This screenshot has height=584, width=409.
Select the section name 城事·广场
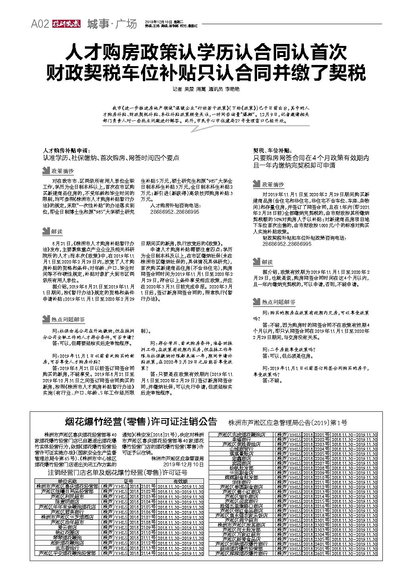(112, 24)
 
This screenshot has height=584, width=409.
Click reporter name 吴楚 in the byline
(189, 89)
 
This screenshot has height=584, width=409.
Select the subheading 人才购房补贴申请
(66, 151)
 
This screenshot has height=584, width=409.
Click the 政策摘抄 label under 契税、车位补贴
(273, 185)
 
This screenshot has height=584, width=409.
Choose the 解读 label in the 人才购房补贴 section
(56, 231)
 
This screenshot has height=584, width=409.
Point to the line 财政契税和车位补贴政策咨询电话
(304, 238)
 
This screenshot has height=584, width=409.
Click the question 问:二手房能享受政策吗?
(289, 350)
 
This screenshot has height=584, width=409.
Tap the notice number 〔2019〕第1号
(329, 422)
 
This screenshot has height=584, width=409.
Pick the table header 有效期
(180, 481)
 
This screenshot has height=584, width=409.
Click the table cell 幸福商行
(241, 439)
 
